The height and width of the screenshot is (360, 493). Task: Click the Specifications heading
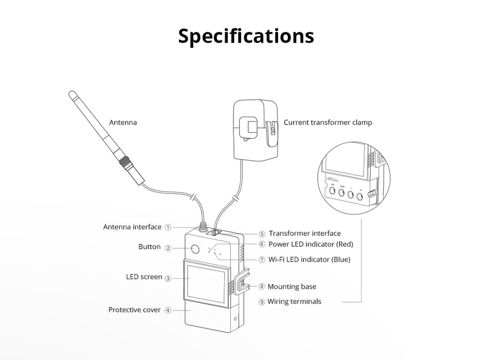tap(246, 37)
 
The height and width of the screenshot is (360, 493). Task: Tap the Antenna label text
tap(123, 123)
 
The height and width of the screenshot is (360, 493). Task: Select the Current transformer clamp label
tap(327, 123)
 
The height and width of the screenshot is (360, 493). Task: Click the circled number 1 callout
tap(168, 227)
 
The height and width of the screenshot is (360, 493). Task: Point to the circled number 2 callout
tap(168, 247)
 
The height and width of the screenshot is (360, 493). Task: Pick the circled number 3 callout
tap(168, 278)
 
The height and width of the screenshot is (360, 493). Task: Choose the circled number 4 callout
tap(168, 310)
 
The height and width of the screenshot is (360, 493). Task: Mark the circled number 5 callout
tap(262, 234)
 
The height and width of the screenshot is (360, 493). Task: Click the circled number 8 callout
tap(262, 287)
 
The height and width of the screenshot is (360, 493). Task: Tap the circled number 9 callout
tap(262, 302)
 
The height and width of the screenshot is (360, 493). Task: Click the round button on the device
tap(195, 250)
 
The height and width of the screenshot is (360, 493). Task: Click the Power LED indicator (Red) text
tap(311, 244)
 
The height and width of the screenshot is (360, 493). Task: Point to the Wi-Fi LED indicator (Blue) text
tap(309, 260)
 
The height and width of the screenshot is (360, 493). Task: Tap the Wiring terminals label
tap(294, 302)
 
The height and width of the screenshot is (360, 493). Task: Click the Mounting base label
tap(291, 287)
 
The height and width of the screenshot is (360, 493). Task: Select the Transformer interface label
tap(304, 234)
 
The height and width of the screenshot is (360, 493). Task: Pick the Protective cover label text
tap(134, 310)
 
